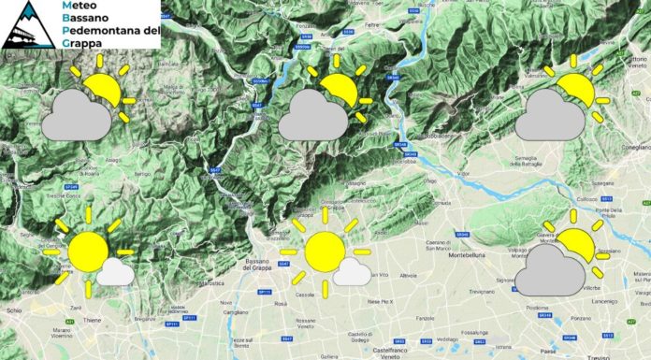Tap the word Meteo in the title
(79, 7)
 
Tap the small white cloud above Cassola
(351, 272)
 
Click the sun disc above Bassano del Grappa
(325, 252)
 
